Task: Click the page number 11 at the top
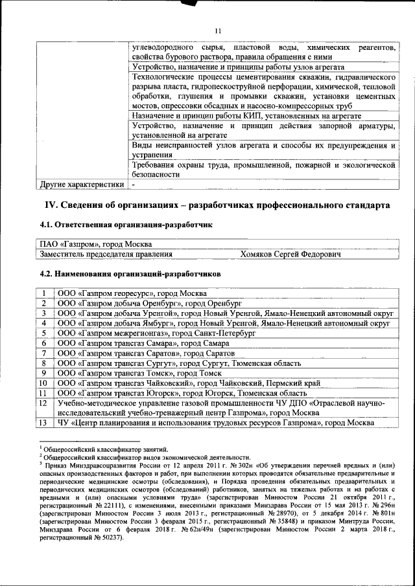[218, 31]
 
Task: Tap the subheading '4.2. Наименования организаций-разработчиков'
[130, 273]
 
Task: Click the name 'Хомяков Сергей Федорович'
[291, 254]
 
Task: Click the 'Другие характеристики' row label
[82, 185]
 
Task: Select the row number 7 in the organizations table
[43, 353]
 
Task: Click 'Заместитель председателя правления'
[104, 254]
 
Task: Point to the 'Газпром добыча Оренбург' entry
[149, 302]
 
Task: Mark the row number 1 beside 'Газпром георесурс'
[43, 293]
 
